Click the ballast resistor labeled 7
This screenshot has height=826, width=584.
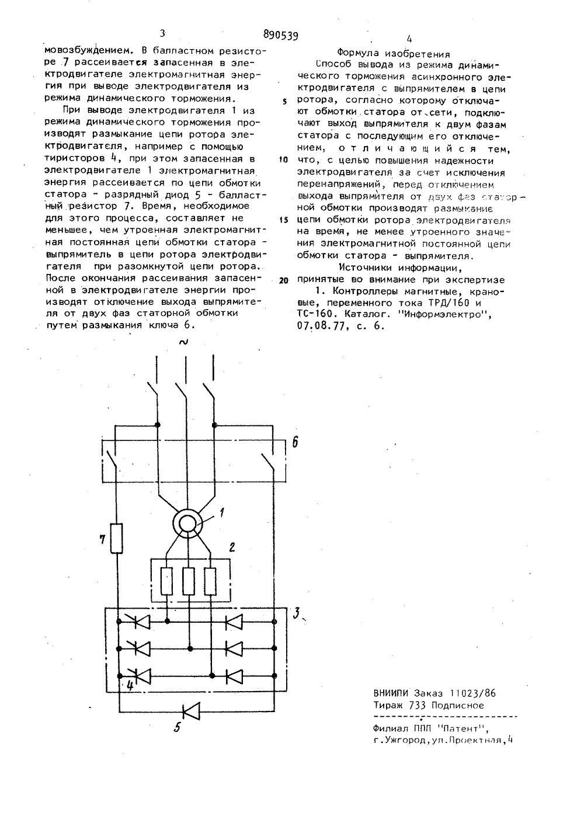click(x=117, y=538)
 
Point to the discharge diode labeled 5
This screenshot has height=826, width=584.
click(x=190, y=711)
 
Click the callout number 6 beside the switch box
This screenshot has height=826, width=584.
click(x=295, y=442)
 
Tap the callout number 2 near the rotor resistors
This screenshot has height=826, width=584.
click(x=232, y=547)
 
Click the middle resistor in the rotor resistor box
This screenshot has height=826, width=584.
click(x=188, y=581)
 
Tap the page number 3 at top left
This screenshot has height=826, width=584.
click(x=162, y=34)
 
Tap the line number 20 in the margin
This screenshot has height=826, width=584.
click(x=284, y=280)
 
